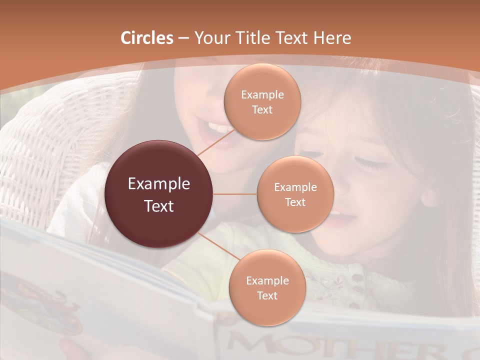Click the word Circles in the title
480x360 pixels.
click(x=146, y=38)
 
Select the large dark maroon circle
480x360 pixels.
click(x=159, y=194)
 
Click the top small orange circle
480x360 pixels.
click(x=262, y=101)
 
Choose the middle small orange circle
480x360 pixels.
click(x=295, y=194)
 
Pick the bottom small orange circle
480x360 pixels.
click(x=267, y=287)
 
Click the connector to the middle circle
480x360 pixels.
click(x=235, y=194)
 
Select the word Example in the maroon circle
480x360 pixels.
click(x=159, y=184)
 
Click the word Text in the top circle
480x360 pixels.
click(x=262, y=110)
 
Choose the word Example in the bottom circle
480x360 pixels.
click(x=267, y=280)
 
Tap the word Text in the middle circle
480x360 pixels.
click(x=295, y=202)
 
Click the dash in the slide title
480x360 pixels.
click(x=183, y=38)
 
